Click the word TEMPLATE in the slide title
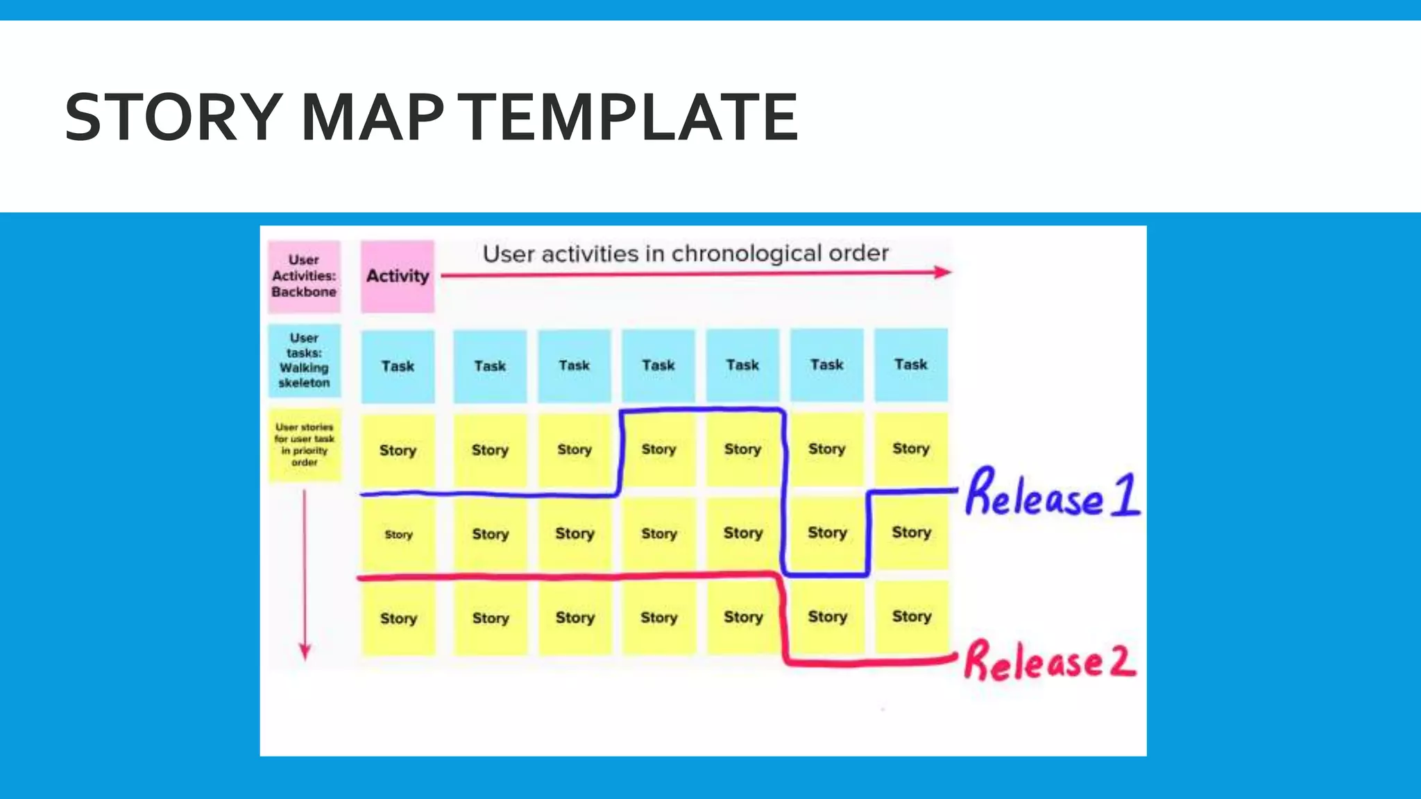[x=631, y=117]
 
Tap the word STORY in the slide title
[x=173, y=117]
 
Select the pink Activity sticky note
[x=398, y=276]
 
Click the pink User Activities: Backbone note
[x=304, y=276]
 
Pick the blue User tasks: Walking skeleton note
[x=304, y=361]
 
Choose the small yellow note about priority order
[x=304, y=445]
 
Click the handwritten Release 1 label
[x=1052, y=494]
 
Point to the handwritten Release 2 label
[x=1049, y=660]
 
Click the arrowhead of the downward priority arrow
[x=305, y=652]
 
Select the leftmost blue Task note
[x=398, y=366]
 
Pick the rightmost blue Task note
[x=910, y=365]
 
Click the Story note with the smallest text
[x=398, y=535]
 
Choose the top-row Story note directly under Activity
[x=398, y=451]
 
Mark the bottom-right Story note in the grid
[x=911, y=617]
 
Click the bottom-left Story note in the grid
[x=398, y=619]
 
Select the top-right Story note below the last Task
[x=910, y=449]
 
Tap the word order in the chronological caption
[x=859, y=253]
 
